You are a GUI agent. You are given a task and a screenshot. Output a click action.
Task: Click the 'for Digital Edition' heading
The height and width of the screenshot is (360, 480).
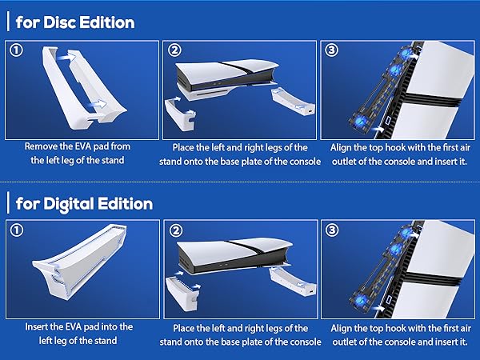(x=84, y=203)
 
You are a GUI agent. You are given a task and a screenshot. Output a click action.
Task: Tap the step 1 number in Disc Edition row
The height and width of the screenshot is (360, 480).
(x=17, y=50)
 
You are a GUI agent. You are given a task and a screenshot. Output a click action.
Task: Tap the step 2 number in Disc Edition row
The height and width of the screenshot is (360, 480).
(x=174, y=50)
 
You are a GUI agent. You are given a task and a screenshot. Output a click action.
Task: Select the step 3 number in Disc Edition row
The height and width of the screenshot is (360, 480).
(x=332, y=50)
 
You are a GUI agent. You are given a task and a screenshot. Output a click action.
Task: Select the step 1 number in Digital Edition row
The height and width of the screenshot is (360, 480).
(x=17, y=230)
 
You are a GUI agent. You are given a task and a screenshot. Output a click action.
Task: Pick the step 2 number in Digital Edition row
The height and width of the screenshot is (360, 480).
(x=174, y=230)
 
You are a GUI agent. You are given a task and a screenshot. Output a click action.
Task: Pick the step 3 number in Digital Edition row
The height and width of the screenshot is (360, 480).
(x=332, y=230)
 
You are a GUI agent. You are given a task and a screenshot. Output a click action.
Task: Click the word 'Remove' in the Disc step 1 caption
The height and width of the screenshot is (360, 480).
(x=41, y=147)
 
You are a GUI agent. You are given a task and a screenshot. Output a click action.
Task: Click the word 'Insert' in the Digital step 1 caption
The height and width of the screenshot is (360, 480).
(x=38, y=327)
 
